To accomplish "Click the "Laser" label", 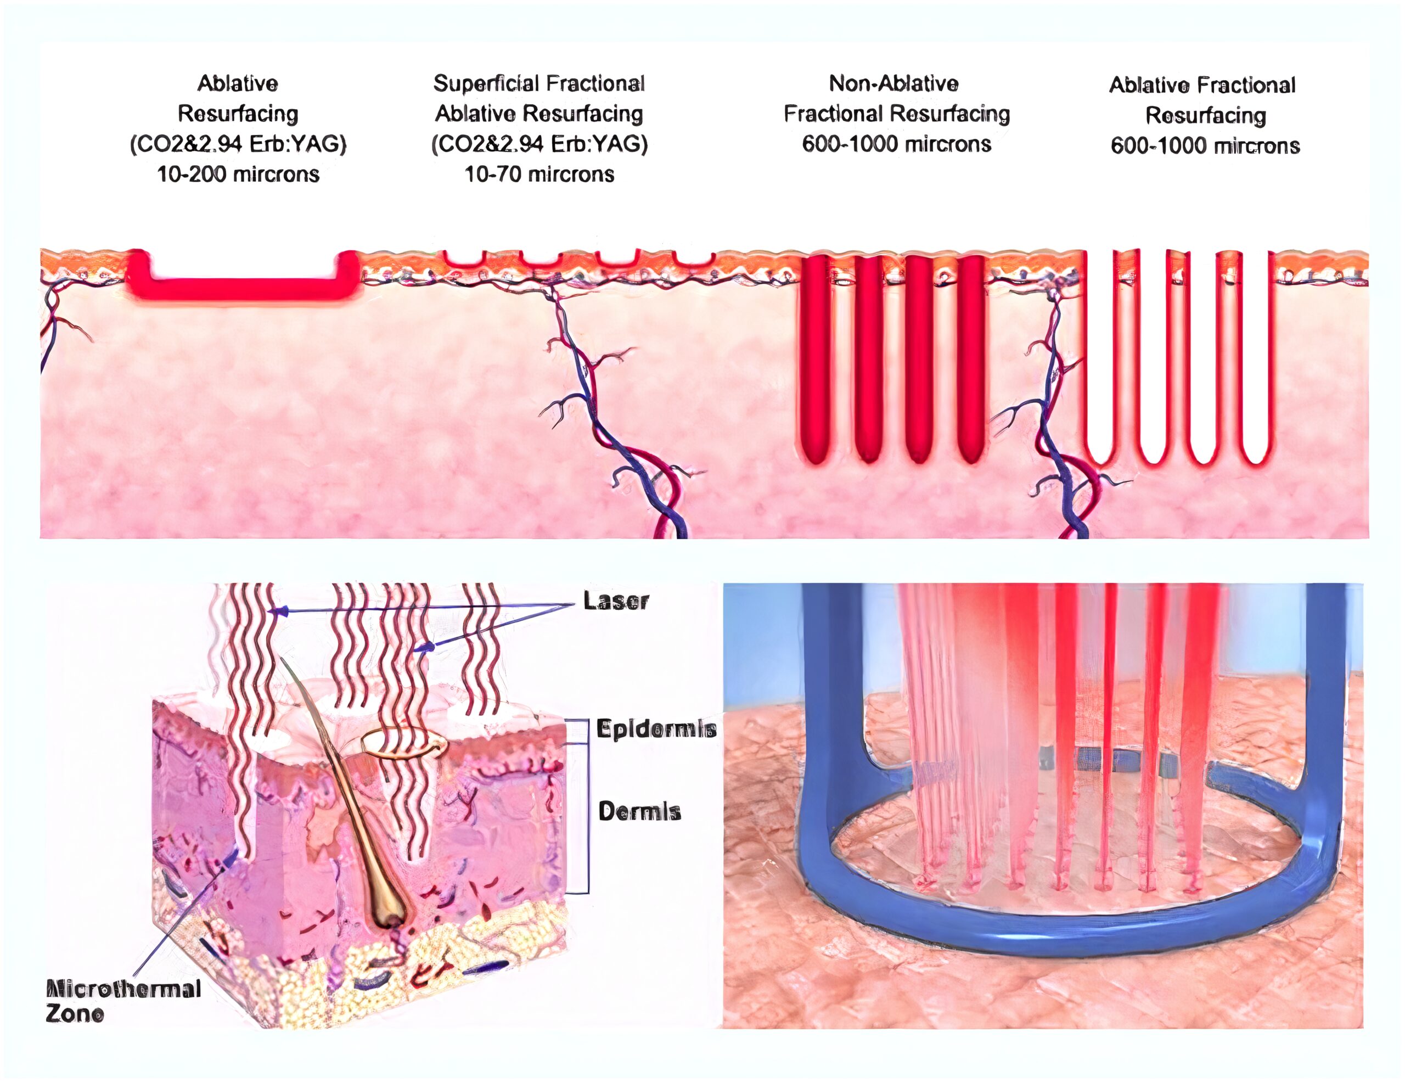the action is tap(616, 601).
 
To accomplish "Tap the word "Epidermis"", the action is tap(656, 729).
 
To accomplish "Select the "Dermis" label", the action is tap(639, 811).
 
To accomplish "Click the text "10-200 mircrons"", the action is tap(239, 174).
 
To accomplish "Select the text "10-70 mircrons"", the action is tap(539, 174).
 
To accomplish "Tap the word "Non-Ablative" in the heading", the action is tap(893, 83).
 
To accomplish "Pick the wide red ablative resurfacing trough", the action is tap(242, 287).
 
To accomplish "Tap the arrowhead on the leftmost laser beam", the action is tap(277, 611).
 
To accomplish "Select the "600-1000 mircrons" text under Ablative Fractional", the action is tap(1205, 145).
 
